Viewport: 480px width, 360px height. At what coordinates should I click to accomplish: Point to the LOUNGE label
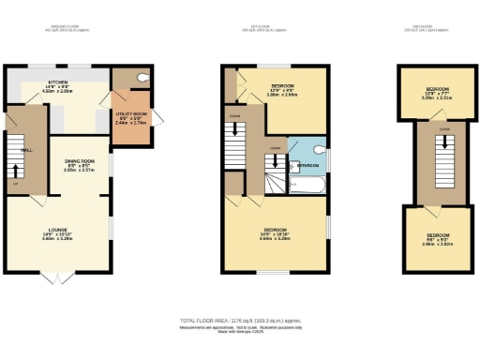(x=58, y=232)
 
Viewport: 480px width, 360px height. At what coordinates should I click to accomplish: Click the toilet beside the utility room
(x=139, y=79)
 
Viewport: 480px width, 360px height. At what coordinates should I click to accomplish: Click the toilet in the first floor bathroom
(x=320, y=149)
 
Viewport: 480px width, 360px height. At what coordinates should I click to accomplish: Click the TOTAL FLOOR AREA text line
(x=240, y=321)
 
